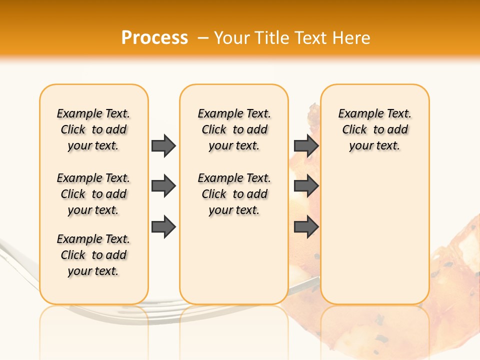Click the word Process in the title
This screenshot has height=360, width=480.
pos(154,38)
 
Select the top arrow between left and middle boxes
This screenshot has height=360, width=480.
pos(163,145)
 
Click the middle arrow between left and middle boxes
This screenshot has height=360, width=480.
pos(163,186)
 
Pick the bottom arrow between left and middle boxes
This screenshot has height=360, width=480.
pos(163,227)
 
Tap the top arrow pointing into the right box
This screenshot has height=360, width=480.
pos(306,145)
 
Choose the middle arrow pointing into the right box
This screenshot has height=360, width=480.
pos(306,186)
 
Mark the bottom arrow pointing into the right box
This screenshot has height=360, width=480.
pos(306,227)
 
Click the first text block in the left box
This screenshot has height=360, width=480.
pos(93,129)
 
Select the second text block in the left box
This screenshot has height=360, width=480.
pos(93,194)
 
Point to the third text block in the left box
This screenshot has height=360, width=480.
pos(93,255)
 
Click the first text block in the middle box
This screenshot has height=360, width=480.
pos(234,129)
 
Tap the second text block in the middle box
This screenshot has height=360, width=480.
pos(234,194)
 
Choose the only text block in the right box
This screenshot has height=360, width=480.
pos(374,129)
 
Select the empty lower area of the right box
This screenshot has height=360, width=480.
pos(374,240)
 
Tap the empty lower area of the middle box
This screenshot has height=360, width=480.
pos(234,260)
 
